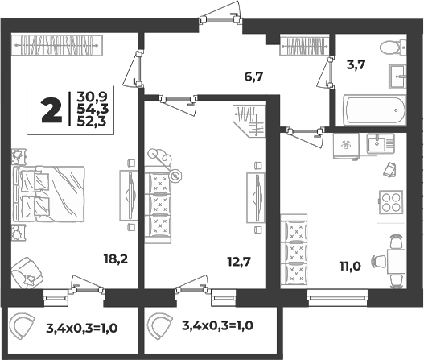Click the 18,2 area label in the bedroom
tap(116, 259)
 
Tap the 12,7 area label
tap(239, 262)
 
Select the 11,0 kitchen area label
tap(350, 267)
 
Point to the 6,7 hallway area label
tap(253, 77)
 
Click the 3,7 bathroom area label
tap(356, 65)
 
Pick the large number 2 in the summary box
tap(51, 110)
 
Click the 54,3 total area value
tap(93, 109)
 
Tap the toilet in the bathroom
tap(393, 48)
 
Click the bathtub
tap(374, 110)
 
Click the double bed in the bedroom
tap(48, 194)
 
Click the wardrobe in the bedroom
tap(57, 45)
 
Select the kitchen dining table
tap(396, 262)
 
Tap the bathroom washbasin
tap(397, 77)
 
